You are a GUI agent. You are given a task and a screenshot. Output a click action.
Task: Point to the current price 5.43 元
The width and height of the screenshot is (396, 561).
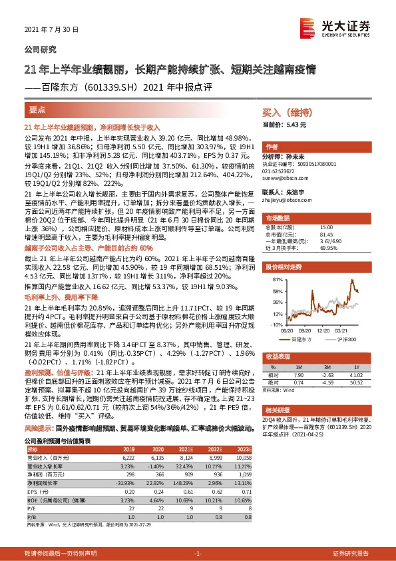pyautogui.click(x=294, y=125)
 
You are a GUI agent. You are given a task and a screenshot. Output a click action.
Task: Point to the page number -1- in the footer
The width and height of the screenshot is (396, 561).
pyautogui.click(x=198, y=553)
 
